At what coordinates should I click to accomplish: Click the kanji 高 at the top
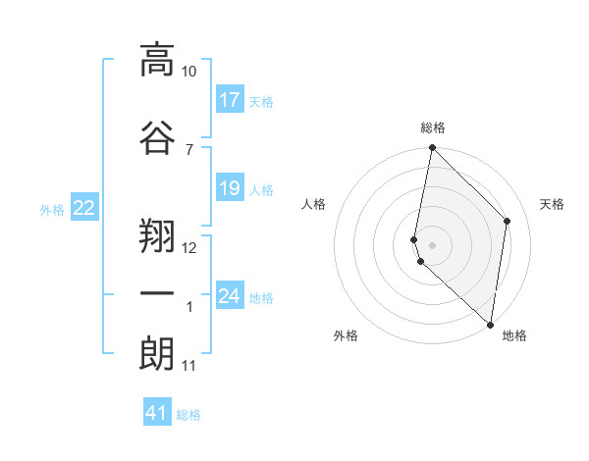[157, 60]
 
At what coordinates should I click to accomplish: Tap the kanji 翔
[157, 232]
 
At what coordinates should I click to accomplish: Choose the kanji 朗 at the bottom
[157, 353]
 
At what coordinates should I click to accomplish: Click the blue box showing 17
[230, 100]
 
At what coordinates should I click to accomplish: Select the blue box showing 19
[230, 188]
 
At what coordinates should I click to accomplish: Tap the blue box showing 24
[230, 296]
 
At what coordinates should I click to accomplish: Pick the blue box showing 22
[84, 207]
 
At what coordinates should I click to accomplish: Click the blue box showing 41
[157, 413]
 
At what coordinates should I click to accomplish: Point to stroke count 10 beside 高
[189, 72]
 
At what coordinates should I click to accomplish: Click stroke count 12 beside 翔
[189, 247]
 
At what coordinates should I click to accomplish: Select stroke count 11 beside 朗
[189, 366]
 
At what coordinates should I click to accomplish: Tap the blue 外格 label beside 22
[52, 208]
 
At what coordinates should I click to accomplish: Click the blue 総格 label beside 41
[188, 415]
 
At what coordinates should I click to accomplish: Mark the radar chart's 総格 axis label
[433, 128]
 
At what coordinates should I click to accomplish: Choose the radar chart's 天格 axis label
[552, 204]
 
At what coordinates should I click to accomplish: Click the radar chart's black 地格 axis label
[514, 335]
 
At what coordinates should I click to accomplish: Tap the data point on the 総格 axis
[432, 148]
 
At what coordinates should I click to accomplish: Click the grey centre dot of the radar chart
[433, 244]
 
